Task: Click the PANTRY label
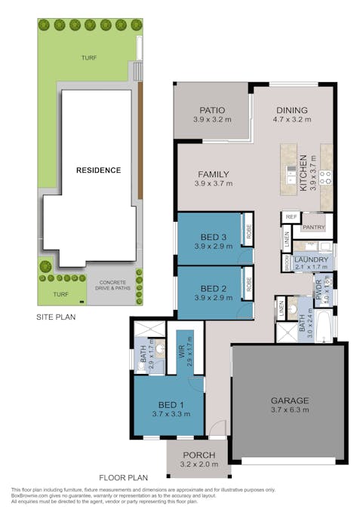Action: [313, 226]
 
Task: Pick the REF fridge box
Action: [290, 217]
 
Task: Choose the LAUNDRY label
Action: [310, 259]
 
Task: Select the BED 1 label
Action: [168, 405]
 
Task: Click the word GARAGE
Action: [291, 400]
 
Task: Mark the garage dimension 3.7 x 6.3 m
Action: [291, 411]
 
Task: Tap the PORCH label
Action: [199, 455]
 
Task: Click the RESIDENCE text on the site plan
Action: [98, 170]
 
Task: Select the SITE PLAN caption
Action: [56, 317]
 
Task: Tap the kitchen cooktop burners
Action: [326, 177]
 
